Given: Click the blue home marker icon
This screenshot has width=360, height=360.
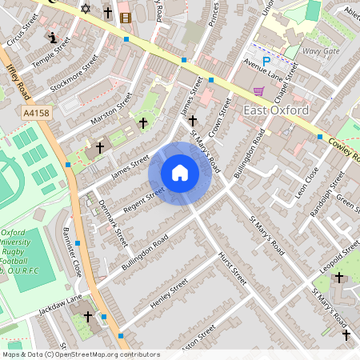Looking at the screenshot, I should [180, 173].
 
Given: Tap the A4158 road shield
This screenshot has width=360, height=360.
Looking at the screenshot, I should [35, 114].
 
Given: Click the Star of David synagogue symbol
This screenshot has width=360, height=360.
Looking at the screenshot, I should [86, 8].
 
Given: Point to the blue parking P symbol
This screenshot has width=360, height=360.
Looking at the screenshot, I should [266, 60].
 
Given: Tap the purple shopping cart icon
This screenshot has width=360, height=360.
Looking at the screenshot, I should [258, 90].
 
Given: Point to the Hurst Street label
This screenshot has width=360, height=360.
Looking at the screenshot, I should [232, 269].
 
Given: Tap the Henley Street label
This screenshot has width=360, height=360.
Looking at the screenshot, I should [168, 295].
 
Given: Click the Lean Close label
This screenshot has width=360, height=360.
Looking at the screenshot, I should [306, 182].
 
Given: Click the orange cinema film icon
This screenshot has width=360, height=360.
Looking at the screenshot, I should [125, 17].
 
